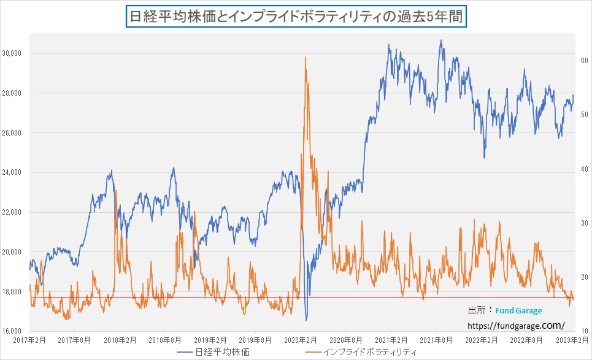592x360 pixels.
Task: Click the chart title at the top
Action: [x=296, y=16]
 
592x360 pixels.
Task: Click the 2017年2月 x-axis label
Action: [x=29, y=339]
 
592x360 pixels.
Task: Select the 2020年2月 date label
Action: [x=301, y=339]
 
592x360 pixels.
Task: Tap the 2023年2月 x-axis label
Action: [x=572, y=339]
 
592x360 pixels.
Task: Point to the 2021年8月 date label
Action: [x=436, y=339]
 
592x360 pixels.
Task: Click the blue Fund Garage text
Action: [x=520, y=311]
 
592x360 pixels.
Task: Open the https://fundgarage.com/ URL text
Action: [x=516, y=325]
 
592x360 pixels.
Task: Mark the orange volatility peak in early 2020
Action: [x=306, y=58]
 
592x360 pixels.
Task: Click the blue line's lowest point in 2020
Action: [x=306, y=320]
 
